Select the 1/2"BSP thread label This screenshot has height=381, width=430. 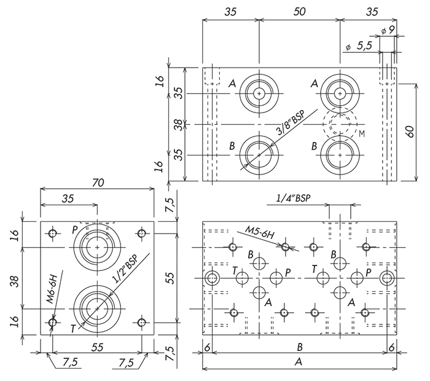click(x=125, y=269)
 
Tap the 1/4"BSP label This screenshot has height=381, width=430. click(x=293, y=198)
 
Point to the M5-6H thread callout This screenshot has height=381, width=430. click(x=259, y=232)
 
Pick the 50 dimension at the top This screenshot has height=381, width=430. click(x=300, y=12)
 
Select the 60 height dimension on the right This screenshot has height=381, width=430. click(x=410, y=132)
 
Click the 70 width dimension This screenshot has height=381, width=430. click(x=98, y=183)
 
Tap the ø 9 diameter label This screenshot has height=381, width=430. click(x=388, y=30)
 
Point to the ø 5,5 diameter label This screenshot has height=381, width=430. click(x=359, y=46)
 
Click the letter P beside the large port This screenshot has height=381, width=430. click(x=75, y=230)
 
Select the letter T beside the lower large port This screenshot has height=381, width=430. click(x=73, y=329)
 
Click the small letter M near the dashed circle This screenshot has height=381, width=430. click(x=362, y=134)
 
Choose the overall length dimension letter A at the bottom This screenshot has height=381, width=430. click(x=299, y=362)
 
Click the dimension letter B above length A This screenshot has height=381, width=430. click(x=300, y=347)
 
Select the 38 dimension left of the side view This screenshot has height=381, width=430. click(x=15, y=281)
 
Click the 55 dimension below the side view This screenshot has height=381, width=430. click(x=97, y=347)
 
